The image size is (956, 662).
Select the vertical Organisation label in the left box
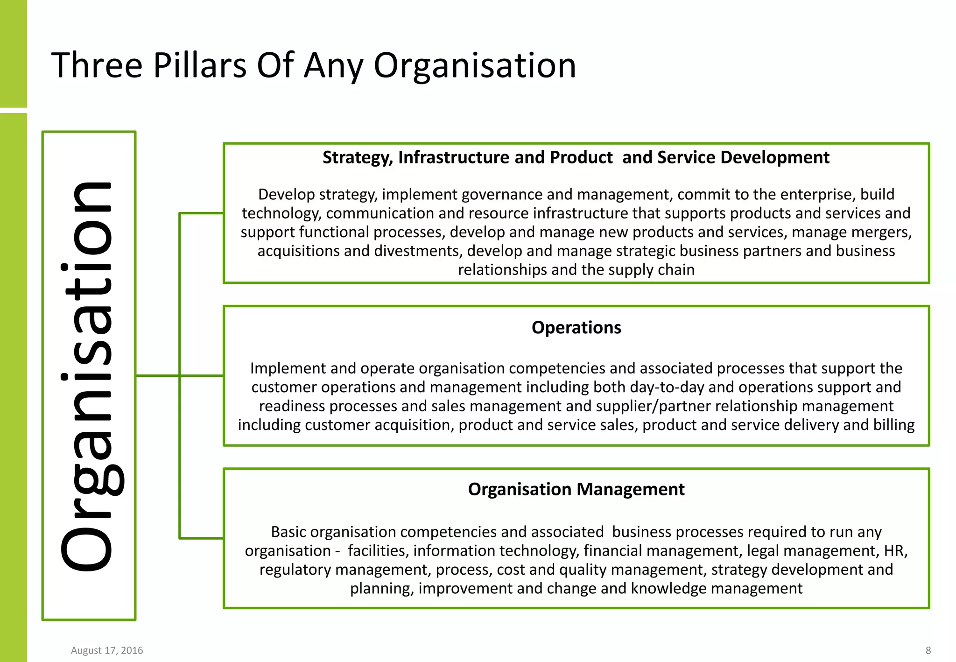tap(89, 376)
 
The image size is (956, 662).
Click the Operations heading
tap(576, 328)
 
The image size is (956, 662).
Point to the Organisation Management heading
tap(576, 489)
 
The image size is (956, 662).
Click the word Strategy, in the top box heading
tap(358, 158)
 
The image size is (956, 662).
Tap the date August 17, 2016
tap(107, 650)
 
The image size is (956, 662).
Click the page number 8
tap(928, 650)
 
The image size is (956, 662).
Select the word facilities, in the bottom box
tap(378, 551)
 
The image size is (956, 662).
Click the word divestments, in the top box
tap(418, 251)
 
